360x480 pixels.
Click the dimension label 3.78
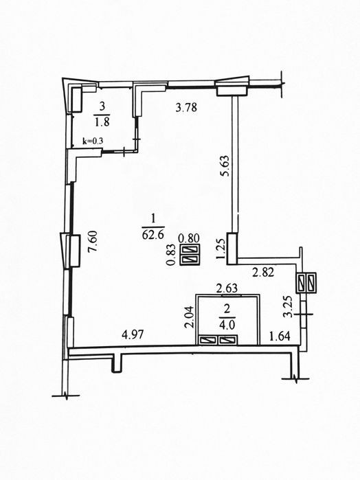[x=187, y=108]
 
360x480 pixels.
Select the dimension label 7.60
[x=92, y=242]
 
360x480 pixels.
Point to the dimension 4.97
[x=133, y=335]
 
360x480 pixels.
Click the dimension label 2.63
[x=227, y=288]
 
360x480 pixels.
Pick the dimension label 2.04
[x=190, y=317]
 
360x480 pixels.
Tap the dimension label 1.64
[x=280, y=336]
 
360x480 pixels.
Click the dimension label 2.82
[x=263, y=272]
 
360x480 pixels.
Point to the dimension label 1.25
[x=221, y=249]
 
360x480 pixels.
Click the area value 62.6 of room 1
[x=153, y=235]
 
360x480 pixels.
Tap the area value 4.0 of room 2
[x=227, y=325]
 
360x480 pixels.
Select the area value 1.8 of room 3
[x=102, y=122]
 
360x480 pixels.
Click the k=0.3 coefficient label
[x=93, y=141]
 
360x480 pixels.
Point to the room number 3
[x=102, y=106]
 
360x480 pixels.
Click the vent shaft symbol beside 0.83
[x=190, y=255]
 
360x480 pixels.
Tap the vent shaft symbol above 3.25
[x=306, y=282]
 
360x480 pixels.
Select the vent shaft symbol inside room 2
[x=218, y=340]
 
